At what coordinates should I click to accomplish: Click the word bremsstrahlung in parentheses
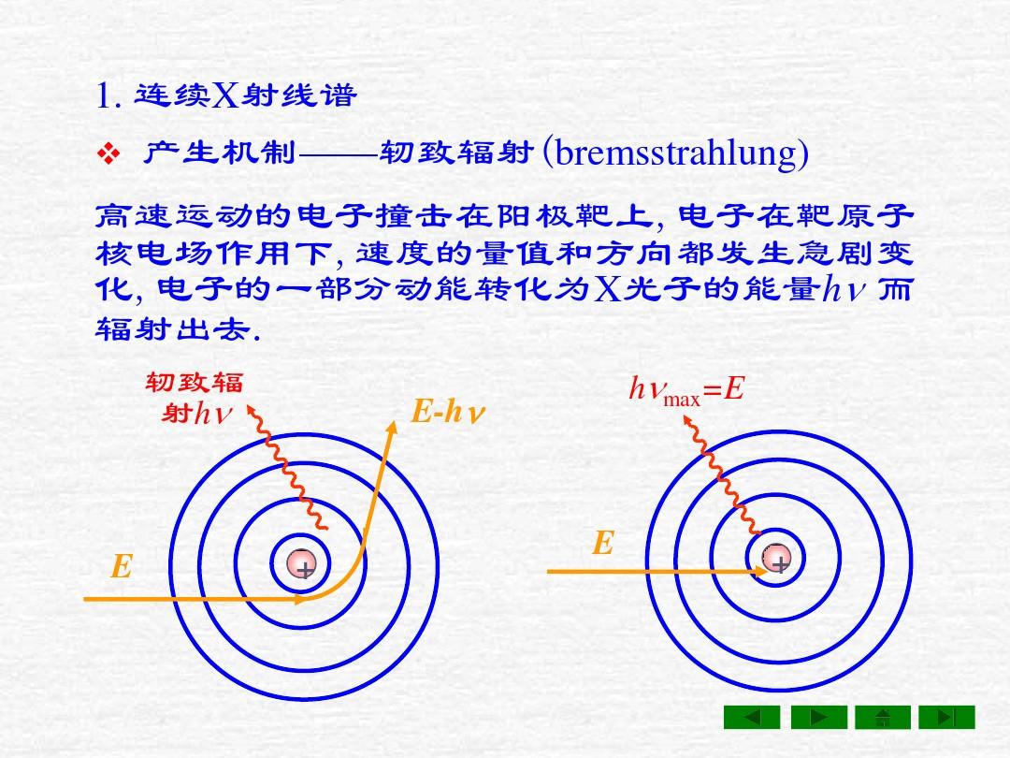coord(676,153)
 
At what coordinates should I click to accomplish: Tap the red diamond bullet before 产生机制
coord(108,153)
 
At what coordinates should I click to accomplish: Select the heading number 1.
coord(108,96)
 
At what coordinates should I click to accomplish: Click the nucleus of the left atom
coord(301,564)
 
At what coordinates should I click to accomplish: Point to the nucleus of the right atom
coord(776,558)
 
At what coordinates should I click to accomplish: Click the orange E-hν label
coord(447,411)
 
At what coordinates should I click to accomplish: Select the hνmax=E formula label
coord(686,389)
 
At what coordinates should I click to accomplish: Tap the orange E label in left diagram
coord(122,566)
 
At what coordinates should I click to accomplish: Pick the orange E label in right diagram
coord(603,543)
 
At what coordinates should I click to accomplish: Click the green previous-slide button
coord(752,717)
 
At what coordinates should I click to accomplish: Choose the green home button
coord(883,717)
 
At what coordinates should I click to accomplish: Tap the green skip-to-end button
coord(946,717)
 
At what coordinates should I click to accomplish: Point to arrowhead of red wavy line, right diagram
coord(687,419)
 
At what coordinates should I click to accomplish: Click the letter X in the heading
coord(225,95)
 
